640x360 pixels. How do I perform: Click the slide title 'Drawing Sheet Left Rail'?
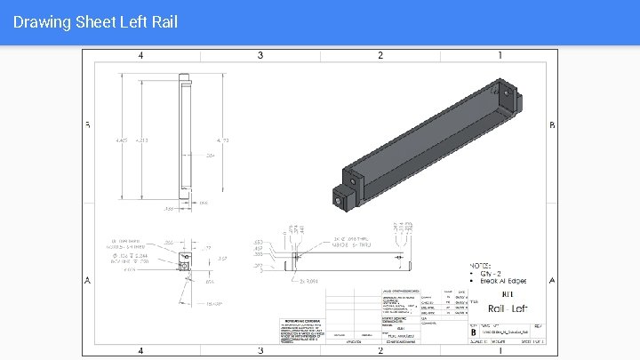[96, 21]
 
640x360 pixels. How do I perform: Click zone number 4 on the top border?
[140, 55]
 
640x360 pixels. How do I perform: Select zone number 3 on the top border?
[260, 55]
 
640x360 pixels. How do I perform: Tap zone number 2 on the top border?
[380, 55]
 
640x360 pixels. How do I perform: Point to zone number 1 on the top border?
[500, 55]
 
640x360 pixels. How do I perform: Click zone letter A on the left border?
[87, 281]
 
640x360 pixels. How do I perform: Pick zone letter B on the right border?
[553, 125]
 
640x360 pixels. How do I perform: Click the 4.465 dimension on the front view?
[122, 140]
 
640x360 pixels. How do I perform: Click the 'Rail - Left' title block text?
[508, 308]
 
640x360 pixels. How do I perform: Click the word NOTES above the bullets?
[481, 266]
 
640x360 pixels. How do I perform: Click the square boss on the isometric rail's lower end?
[340, 198]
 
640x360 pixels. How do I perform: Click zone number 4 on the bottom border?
[140, 350]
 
